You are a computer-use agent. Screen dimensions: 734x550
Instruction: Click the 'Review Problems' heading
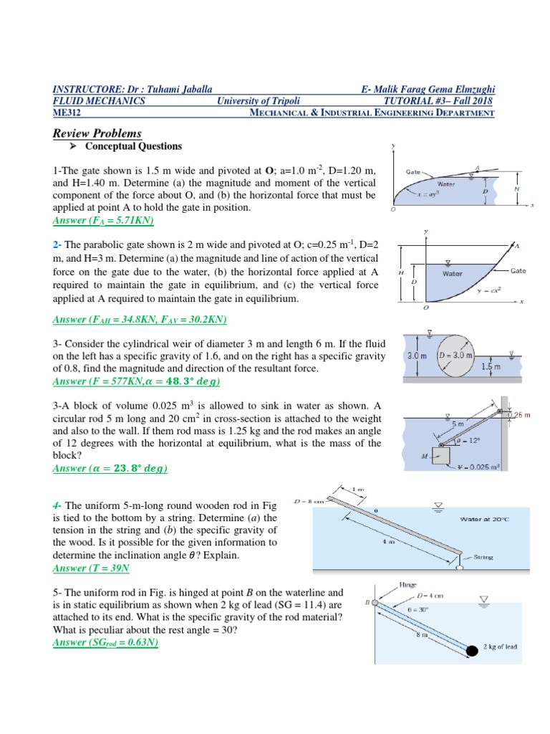click(x=97, y=133)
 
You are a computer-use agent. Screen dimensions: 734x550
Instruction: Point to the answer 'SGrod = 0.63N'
click(x=106, y=642)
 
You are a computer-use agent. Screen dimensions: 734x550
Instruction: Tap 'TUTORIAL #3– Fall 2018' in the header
click(x=440, y=101)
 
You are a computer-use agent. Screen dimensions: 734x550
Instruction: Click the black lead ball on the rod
click(x=473, y=651)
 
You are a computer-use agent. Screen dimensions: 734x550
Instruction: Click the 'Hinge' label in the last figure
click(x=409, y=585)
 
